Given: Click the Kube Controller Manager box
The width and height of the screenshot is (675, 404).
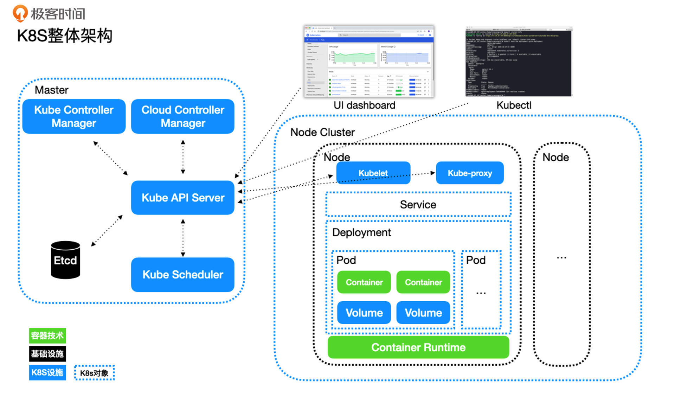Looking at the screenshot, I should click(74, 116).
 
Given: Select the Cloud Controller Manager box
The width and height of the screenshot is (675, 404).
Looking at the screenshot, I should click(183, 116).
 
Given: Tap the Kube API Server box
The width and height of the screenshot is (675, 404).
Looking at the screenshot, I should click(183, 198).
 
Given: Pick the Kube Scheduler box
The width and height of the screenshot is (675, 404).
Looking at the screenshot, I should click(183, 275).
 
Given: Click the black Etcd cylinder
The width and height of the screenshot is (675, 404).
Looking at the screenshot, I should click(65, 260).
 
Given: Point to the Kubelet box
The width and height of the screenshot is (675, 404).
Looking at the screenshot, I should click(373, 173).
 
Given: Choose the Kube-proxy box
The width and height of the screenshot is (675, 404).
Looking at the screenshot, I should click(470, 173).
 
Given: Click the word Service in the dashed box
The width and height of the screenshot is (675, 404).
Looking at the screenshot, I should click(418, 205).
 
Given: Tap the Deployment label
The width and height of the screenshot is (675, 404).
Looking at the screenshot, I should click(361, 232).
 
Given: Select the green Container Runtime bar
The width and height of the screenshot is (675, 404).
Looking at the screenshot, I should click(418, 347).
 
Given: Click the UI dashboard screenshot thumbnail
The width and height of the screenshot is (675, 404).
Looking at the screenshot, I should click(369, 62).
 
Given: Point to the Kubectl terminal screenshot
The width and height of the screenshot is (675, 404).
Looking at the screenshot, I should click(519, 62).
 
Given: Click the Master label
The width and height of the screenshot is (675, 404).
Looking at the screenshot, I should click(52, 90).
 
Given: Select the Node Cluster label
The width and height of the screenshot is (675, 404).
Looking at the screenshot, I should click(322, 132).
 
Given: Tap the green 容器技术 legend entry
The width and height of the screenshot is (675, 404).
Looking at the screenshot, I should click(47, 335).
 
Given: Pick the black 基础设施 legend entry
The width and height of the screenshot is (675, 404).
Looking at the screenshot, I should click(47, 354).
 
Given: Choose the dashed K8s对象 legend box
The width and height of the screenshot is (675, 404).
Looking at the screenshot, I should click(94, 373).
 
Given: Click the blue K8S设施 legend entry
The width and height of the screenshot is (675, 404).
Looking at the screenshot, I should click(47, 372).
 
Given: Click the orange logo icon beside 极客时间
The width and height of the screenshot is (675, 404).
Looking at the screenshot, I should click(20, 13).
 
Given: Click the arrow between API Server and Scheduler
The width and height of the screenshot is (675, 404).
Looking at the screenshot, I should click(183, 238).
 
